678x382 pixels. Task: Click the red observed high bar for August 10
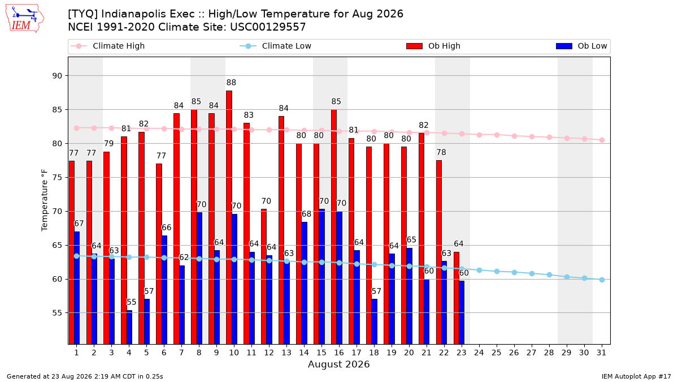click(229, 217)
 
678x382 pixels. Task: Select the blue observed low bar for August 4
click(129, 327)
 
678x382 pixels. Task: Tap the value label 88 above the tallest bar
click(231, 83)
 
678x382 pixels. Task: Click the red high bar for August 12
click(264, 277)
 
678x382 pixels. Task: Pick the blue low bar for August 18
click(375, 321)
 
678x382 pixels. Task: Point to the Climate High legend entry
click(107, 46)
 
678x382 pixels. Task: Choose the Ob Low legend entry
click(581, 46)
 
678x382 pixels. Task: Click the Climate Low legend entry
click(276, 46)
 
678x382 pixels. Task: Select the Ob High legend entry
click(433, 46)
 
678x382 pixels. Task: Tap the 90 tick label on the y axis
click(57, 76)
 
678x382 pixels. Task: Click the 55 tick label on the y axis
click(57, 313)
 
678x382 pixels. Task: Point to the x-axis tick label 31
click(601, 353)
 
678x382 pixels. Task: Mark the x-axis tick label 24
click(479, 353)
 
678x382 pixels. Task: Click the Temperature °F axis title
click(45, 200)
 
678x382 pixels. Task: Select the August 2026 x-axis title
click(338, 364)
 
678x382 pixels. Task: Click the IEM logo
click(24, 19)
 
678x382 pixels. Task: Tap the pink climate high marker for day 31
click(602, 140)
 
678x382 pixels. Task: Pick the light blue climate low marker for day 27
click(532, 273)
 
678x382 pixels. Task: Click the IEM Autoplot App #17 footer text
click(636, 376)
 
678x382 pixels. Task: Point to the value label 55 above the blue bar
click(131, 302)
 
